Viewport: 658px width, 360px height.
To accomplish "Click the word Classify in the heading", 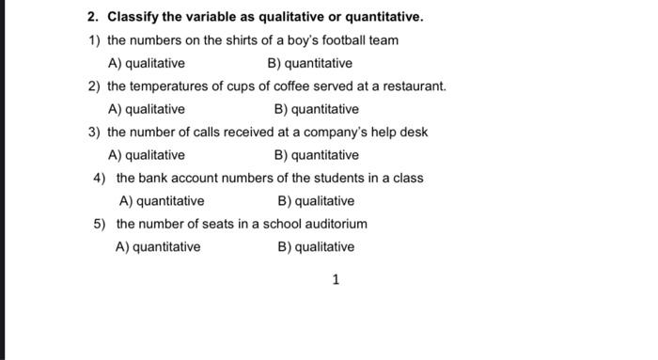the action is pyautogui.click(x=133, y=17).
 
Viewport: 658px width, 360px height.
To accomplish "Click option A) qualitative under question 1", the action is pyautogui.click(x=147, y=63).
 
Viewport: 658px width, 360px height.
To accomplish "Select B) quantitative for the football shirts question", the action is pyautogui.click(x=309, y=63).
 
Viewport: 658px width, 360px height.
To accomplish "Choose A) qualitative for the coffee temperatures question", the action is pyautogui.click(x=147, y=109).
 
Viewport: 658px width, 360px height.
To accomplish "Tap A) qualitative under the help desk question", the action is pyautogui.click(x=147, y=155).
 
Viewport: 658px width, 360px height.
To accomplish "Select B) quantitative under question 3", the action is pyautogui.click(x=316, y=155).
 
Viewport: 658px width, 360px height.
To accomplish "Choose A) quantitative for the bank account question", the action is pyautogui.click(x=162, y=201).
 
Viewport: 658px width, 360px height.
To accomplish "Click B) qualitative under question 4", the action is pyautogui.click(x=316, y=201).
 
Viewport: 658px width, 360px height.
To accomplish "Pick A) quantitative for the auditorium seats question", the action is pyautogui.click(x=158, y=247).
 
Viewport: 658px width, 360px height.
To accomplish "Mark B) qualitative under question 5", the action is pyautogui.click(x=316, y=247).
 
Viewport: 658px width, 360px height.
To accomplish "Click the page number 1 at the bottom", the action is pyautogui.click(x=336, y=279).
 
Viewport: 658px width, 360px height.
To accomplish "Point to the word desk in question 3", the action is pyautogui.click(x=414, y=133).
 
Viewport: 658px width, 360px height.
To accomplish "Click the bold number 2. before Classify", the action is pyautogui.click(x=93, y=17).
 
